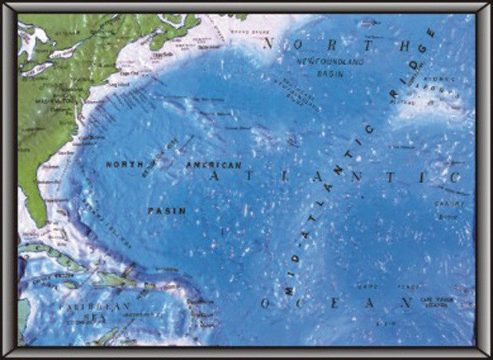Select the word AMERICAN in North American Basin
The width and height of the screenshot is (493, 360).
point(214,164)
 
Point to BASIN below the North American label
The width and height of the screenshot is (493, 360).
point(166,210)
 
